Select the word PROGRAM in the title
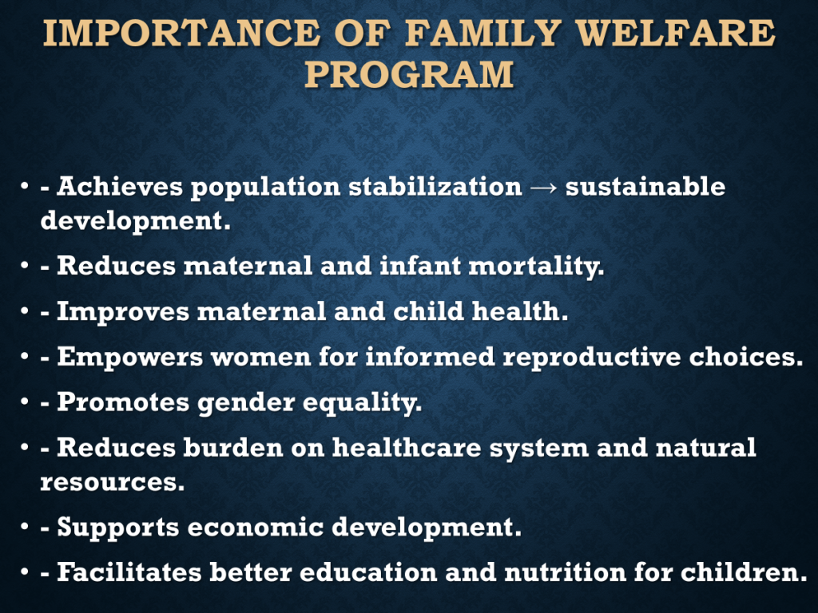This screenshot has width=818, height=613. tap(410, 73)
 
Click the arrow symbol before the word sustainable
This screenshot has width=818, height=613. tap(543, 188)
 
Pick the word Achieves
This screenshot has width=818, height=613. tap(120, 186)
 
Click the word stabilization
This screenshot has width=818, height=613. tap(435, 186)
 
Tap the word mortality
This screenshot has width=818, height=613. tap(536, 267)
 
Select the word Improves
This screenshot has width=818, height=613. tap(123, 312)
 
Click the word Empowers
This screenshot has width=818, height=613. tap(130, 357)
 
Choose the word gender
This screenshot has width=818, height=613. tap(246, 403)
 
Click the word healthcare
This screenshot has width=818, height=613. tap(407, 448)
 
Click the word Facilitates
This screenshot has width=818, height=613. tap(129, 571)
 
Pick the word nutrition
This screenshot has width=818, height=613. tap(565, 571)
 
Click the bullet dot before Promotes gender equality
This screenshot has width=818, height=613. tap(25, 402)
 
